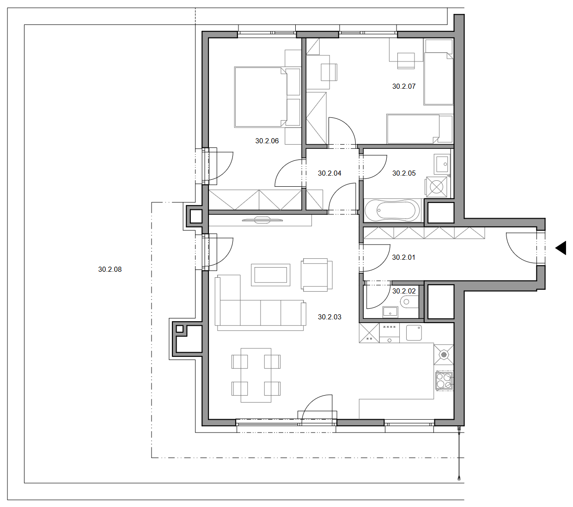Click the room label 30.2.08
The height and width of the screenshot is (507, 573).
tap(110, 269)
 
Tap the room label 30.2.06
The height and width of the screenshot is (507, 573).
tap(267, 140)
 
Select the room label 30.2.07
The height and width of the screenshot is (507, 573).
tap(403, 86)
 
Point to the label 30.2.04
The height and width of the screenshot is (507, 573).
tap(329, 173)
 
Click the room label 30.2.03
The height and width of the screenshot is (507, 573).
tap(329, 317)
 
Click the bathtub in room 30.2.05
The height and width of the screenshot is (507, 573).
tap(392, 211)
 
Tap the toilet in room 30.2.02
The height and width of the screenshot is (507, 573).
tap(409, 302)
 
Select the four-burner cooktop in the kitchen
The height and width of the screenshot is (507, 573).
tap(444, 380)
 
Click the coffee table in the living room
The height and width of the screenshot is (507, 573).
tap(270, 275)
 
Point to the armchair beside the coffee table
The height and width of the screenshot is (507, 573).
tap(316, 275)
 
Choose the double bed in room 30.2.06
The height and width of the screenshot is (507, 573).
tap(267, 97)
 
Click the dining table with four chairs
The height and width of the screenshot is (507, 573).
tap(256, 375)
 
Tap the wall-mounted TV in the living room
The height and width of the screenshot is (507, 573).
tap(262, 220)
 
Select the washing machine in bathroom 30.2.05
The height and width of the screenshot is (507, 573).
tap(436, 187)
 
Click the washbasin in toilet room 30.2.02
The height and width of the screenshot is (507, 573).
tap(390, 312)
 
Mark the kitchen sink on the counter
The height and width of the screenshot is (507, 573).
tap(414, 333)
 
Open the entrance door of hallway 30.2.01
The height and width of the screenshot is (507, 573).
tap(521, 248)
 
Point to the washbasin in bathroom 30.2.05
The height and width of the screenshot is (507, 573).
tap(441, 164)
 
